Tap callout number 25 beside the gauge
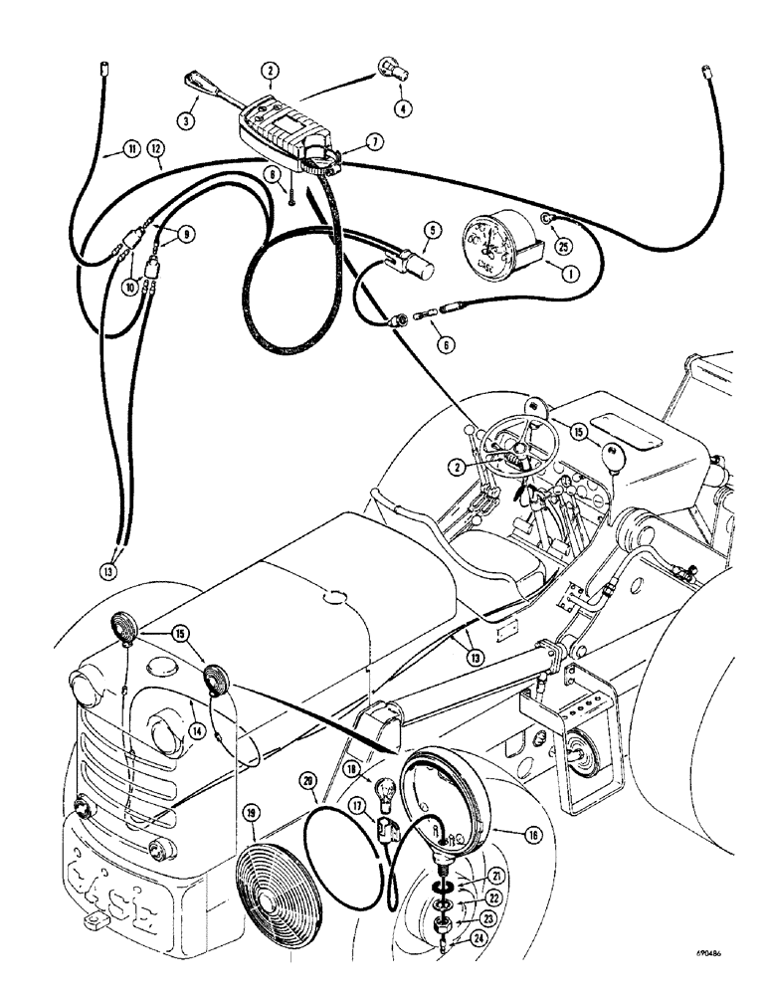pos(564,246)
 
